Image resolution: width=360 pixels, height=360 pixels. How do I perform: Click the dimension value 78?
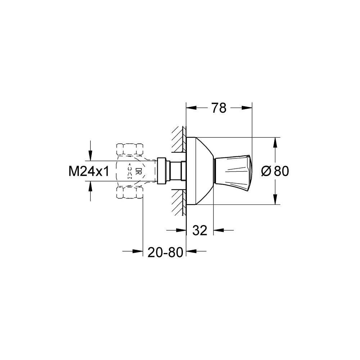[219, 108]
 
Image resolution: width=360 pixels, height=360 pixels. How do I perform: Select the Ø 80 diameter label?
[275, 171]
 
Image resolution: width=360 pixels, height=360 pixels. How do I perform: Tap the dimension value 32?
[200, 230]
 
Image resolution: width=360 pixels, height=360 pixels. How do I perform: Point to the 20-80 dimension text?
[165, 252]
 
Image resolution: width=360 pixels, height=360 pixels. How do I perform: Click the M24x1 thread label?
[89, 171]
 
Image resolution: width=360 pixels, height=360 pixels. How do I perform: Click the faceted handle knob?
[233, 171]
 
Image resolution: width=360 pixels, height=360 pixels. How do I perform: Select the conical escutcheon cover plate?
[200, 171]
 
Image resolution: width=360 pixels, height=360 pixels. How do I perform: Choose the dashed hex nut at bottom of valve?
[130, 192]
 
